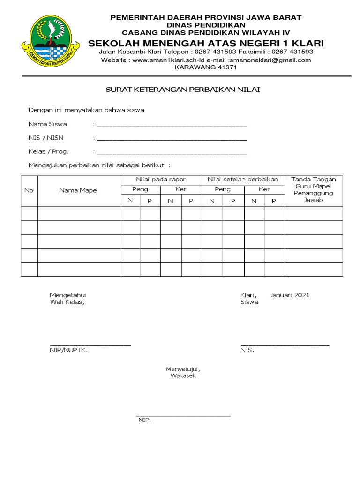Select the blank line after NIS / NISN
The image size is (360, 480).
pyautogui.click(x=172, y=139)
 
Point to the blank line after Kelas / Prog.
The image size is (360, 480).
pyautogui.click(x=172, y=153)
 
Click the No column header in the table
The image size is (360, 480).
pyautogui.click(x=29, y=190)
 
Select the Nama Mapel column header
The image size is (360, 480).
pyautogui.click(x=79, y=190)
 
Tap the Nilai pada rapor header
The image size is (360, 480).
pyautogui.click(x=161, y=180)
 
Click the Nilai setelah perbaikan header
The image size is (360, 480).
pyautogui.click(x=243, y=180)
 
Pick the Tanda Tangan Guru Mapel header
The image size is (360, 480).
pyautogui.click(x=314, y=189)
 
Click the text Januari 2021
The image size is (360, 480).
pyautogui.click(x=290, y=295)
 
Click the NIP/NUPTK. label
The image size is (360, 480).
pyautogui.click(x=69, y=350)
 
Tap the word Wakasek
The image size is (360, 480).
pyautogui.click(x=180, y=376)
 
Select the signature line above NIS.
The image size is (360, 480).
pyautogui.click(x=285, y=345)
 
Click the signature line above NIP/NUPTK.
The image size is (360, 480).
pyautogui.click(x=90, y=345)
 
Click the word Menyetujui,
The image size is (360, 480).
pyautogui.click(x=180, y=369)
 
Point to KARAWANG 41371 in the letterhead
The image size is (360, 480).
pyautogui.click(x=206, y=67)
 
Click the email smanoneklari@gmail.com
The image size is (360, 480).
pyautogui.click(x=270, y=60)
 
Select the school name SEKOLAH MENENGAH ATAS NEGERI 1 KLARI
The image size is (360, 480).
pyautogui.click(x=206, y=43)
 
